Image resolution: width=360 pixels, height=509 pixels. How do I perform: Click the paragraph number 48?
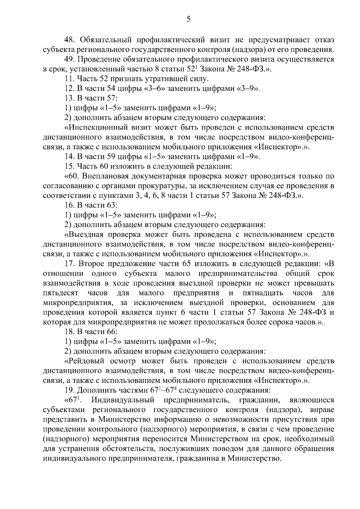point(70,40)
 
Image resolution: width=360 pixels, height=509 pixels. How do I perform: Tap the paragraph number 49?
point(70,59)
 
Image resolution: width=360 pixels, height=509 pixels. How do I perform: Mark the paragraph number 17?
point(70,264)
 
